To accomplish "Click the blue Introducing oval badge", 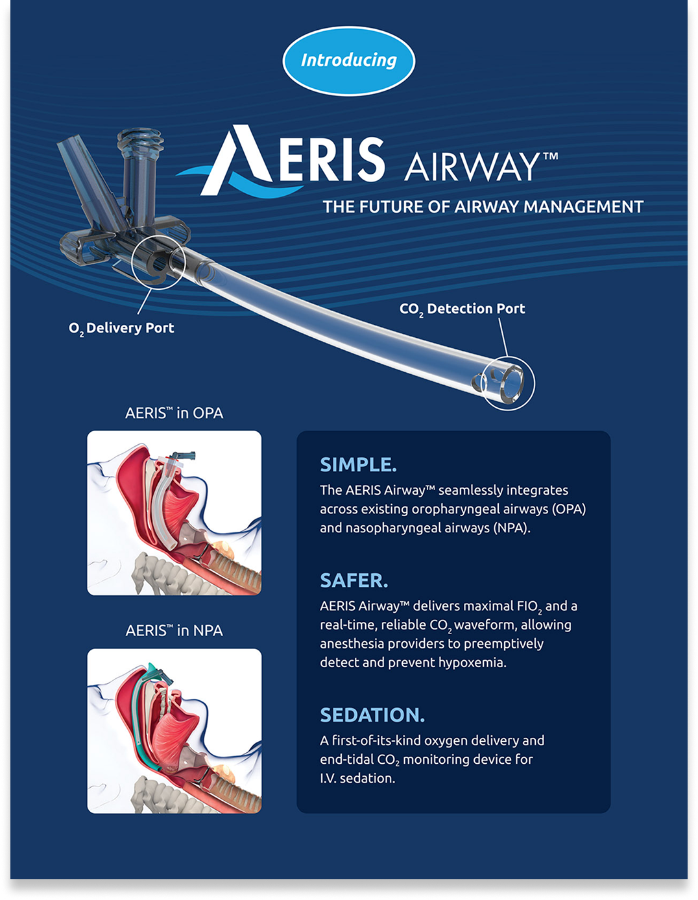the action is [349, 61].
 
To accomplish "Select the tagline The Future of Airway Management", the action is [483, 206].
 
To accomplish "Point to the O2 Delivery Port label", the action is [121, 329].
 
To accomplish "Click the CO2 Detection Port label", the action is [463, 309].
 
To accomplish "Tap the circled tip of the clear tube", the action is [509, 383].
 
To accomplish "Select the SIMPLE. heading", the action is [358, 465].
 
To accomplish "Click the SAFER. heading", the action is [354, 580].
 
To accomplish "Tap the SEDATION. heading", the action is [372, 715].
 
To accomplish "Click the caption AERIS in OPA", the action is [174, 413].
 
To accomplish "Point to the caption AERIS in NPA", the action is [174, 631].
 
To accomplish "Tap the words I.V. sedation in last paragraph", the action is [357, 779].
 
